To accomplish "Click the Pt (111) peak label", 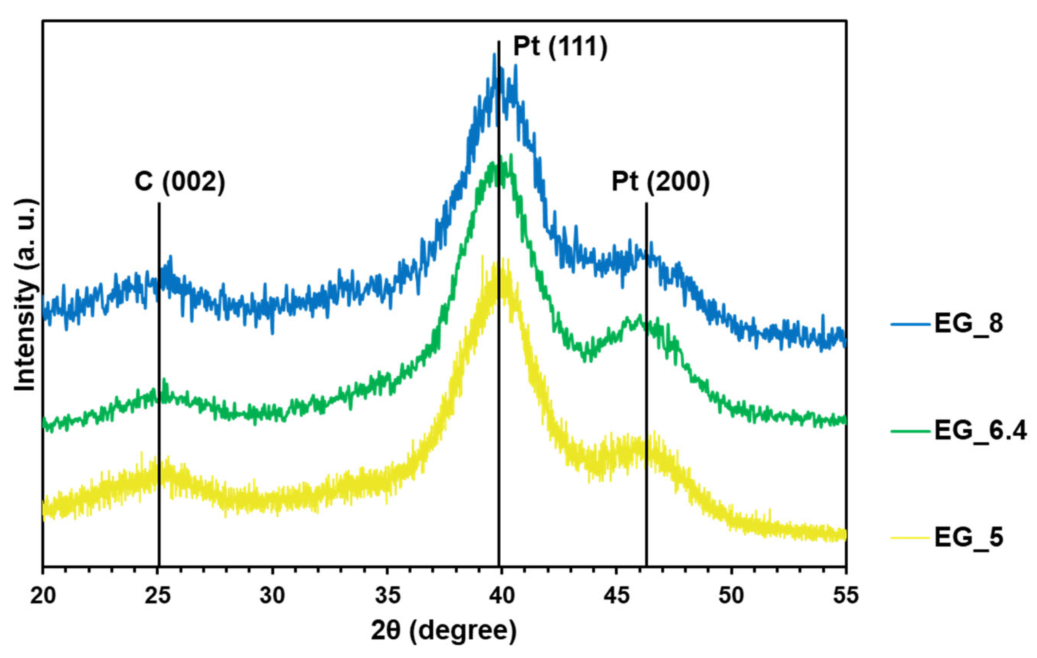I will point(560,47).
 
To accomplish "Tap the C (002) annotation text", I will point(180,182).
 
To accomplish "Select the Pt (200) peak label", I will point(660,182).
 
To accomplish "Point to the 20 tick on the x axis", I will point(43,596).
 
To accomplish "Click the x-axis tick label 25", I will point(158,596).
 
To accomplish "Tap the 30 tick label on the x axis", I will point(273,596).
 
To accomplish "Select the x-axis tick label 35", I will point(387,596).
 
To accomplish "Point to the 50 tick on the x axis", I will point(731,596).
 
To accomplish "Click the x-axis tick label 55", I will point(846,596).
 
